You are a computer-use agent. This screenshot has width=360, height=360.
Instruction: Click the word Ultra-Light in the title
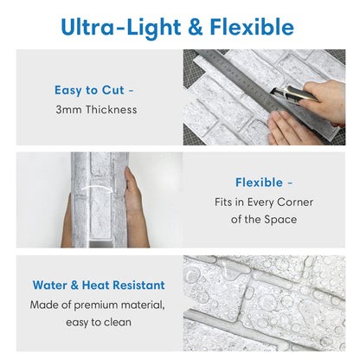click(x=121, y=28)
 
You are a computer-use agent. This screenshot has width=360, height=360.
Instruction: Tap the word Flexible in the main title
click(x=252, y=27)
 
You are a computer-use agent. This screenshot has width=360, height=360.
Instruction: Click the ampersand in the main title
click(x=196, y=27)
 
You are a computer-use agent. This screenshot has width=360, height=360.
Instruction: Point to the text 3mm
click(x=68, y=110)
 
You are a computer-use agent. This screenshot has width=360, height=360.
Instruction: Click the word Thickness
click(x=112, y=110)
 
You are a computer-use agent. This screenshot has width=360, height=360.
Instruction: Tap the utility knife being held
click(x=295, y=94)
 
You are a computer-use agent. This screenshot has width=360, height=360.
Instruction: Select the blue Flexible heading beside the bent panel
click(x=259, y=183)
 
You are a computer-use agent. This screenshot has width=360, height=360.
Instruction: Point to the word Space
click(x=280, y=220)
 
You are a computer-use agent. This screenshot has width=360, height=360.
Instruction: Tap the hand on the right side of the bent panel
click(x=135, y=207)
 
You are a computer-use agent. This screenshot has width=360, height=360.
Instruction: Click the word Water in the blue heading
click(x=50, y=286)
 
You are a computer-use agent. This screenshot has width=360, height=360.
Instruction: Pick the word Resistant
click(x=138, y=286)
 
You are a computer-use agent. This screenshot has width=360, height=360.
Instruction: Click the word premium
click(x=96, y=305)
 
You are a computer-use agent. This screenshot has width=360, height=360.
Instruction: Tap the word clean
click(x=118, y=322)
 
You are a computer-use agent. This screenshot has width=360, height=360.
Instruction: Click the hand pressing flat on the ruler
click(x=292, y=128)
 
